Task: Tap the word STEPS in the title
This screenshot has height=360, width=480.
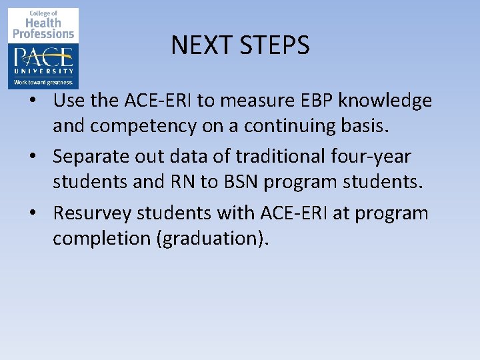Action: point(272,45)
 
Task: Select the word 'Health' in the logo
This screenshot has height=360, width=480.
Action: point(44,23)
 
